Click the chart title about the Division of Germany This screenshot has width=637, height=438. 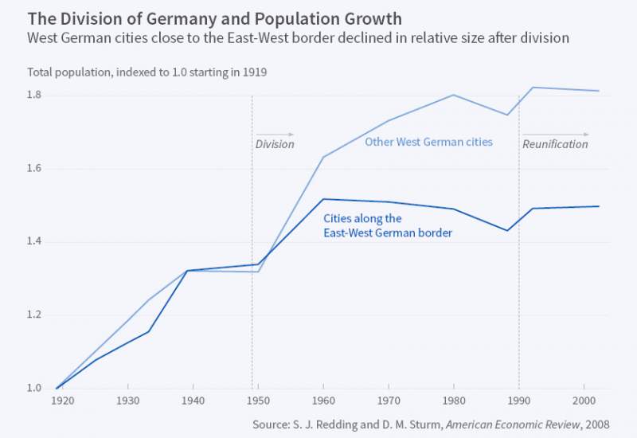(x=214, y=18)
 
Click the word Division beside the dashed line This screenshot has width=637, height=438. (x=275, y=145)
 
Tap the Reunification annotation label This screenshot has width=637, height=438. (x=556, y=145)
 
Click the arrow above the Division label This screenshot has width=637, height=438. (x=275, y=135)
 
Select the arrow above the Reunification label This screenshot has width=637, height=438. (x=556, y=135)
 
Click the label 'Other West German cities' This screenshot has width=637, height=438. (x=428, y=143)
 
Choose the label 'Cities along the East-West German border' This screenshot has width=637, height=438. (x=387, y=225)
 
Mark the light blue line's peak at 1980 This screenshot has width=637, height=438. (x=453, y=95)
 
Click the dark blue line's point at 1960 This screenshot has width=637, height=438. (x=323, y=199)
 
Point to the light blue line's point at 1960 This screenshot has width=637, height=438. (x=323, y=157)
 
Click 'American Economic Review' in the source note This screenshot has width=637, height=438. (x=511, y=423)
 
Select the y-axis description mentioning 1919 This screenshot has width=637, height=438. (x=147, y=72)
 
